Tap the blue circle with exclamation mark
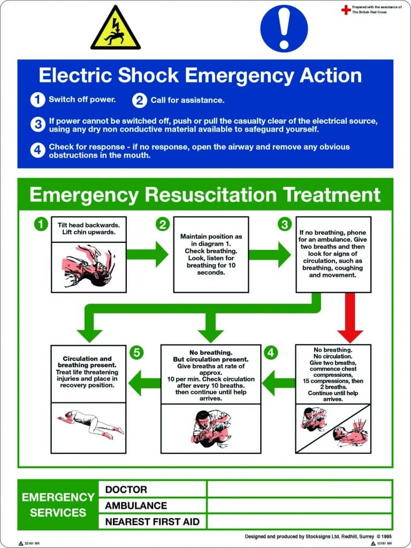284,28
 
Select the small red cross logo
346,9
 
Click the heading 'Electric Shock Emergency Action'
200,75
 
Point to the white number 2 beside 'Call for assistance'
140,100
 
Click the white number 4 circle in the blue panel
37,150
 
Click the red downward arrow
351,318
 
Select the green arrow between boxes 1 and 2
147,254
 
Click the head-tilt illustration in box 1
89,267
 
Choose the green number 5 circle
138,353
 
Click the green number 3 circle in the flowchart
285,224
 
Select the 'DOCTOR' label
126,489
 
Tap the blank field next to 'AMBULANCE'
299,505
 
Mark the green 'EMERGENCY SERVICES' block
58,505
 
